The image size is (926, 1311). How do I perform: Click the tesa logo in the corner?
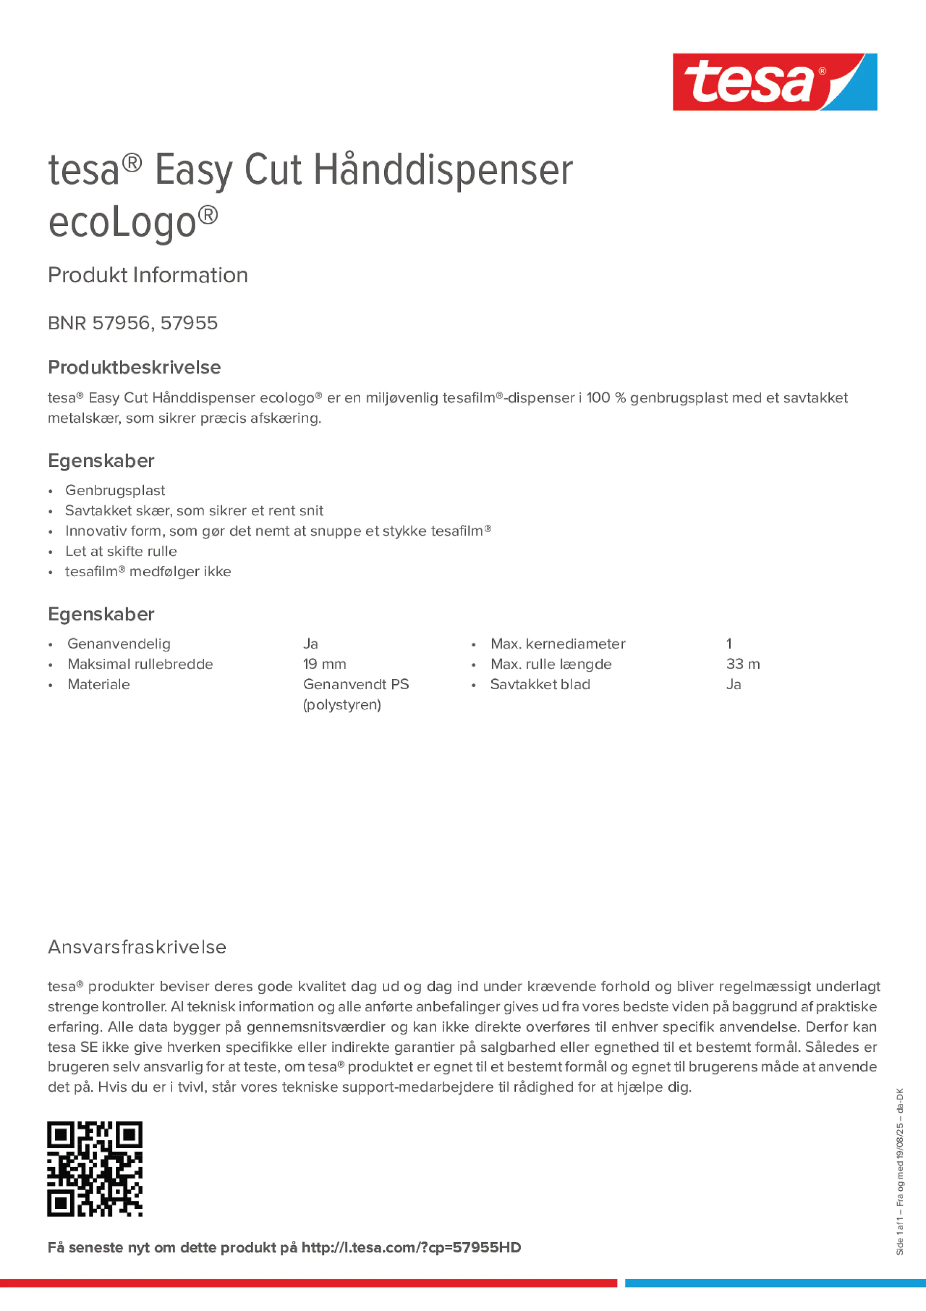click(x=774, y=82)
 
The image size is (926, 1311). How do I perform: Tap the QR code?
click(x=95, y=1169)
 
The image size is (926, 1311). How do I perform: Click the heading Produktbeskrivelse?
click(x=134, y=367)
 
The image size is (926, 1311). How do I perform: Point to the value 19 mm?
click(x=324, y=664)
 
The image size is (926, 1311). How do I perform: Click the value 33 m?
click(x=743, y=664)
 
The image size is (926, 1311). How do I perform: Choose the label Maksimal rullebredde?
click(x=140, y=664)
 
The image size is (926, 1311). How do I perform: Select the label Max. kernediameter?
click(x=558, y=644)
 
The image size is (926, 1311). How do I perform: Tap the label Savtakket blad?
click(x=540, y=685)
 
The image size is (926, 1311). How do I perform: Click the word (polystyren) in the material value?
click(x=342, y=705)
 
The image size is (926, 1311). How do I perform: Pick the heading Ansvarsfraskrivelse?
click(x=137, y=947)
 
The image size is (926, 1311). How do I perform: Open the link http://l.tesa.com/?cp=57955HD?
click(x=411, y=1248)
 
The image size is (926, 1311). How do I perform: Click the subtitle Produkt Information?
click(x=148, y=275)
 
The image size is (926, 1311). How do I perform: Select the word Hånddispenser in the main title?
click(x=443, y=170)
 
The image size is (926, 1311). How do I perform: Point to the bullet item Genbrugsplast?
click(x=115, y=490)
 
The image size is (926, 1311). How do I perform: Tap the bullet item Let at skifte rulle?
click(x=121, y=552)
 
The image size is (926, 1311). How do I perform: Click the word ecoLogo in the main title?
click(x=123, y=223)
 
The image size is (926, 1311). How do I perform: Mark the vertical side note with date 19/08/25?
click(x=900, y=1171)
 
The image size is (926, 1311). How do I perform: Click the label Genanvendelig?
click(x=119, y=644)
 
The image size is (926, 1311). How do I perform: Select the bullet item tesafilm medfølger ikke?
click(x=148, y=571)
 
